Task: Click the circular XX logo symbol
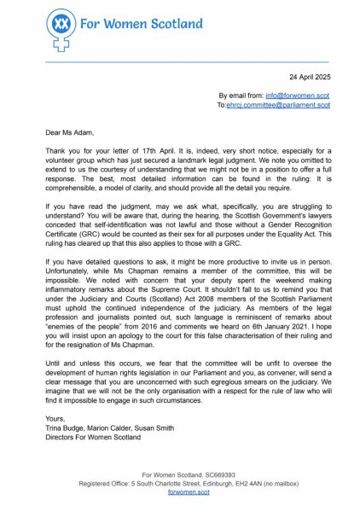[x=60, y=26]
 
